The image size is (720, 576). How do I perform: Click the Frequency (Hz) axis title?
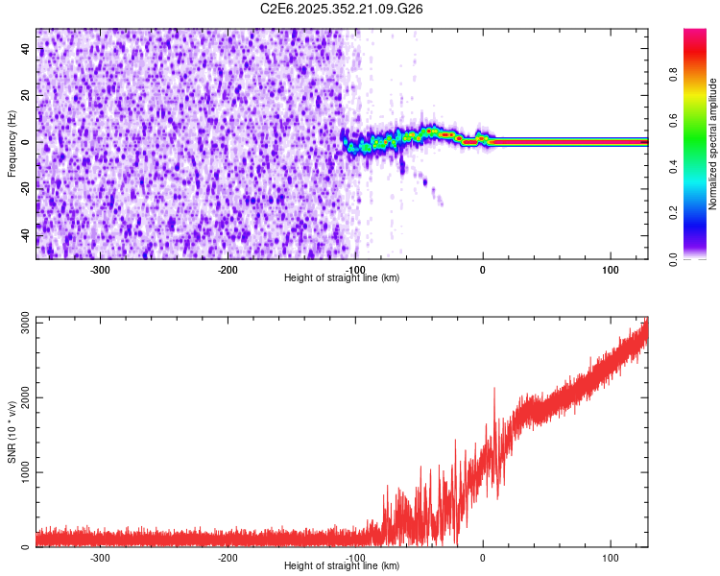click(12, 143)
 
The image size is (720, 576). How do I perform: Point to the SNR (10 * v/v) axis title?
click(12, 432)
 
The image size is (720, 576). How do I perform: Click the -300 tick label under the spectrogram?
click(100, 270)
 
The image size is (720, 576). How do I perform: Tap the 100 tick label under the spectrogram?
click(610, 270)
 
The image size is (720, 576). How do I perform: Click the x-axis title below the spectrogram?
click(342, 277)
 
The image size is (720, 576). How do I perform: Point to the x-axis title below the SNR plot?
click(342, 565)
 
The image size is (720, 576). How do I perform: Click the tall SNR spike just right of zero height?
click(494, 390)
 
